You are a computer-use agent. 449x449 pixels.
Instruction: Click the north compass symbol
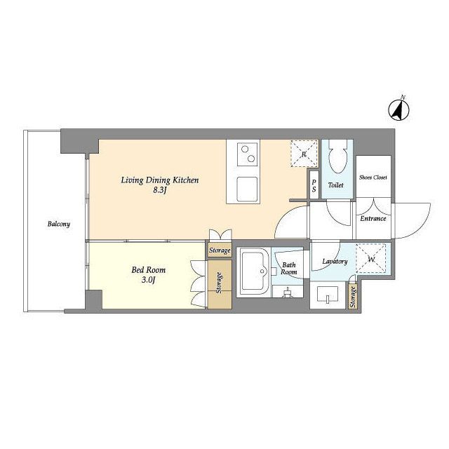coord(398,109)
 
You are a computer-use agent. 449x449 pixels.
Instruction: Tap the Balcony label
coord(59,224)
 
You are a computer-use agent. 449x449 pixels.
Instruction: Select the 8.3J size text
coord(160,190)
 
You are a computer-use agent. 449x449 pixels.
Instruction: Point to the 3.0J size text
coord(148,280)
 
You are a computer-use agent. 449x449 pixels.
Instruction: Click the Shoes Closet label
coord(373,177)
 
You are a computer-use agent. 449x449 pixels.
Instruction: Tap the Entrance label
coord(373,218)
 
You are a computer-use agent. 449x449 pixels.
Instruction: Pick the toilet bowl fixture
coord(337,156)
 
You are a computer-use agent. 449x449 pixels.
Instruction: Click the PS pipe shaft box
coord(314,185)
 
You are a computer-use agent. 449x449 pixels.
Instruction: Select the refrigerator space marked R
coord(304,154)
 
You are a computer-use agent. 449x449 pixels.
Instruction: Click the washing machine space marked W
coord(371,258)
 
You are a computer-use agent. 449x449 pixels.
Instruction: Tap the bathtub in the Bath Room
coord(254,272)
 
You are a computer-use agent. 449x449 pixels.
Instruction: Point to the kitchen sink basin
coord(247,189)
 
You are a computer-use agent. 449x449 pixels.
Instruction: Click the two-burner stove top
coord(247,154)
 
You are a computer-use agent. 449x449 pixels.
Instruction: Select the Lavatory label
coord(335,262)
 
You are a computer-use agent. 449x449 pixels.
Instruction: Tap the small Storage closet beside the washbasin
coord(353,296)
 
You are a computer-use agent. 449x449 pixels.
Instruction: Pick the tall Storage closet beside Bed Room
coord(220,284)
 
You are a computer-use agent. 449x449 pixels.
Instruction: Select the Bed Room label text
coord(148,269)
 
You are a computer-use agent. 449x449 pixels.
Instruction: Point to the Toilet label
coord(335,185)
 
